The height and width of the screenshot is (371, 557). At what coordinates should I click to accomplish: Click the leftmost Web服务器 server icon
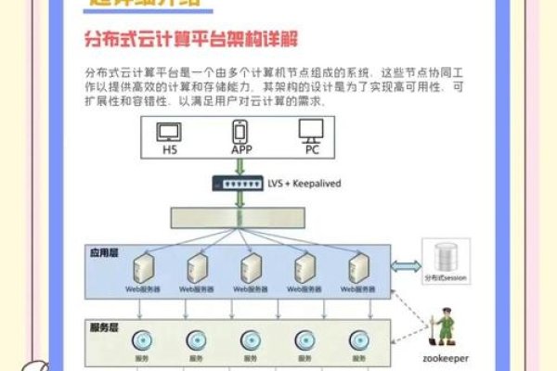pos(142,269)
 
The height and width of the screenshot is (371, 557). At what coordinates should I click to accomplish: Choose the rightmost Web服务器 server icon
pos(359,269)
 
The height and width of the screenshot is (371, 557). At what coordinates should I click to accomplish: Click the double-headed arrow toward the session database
pos(405,266)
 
